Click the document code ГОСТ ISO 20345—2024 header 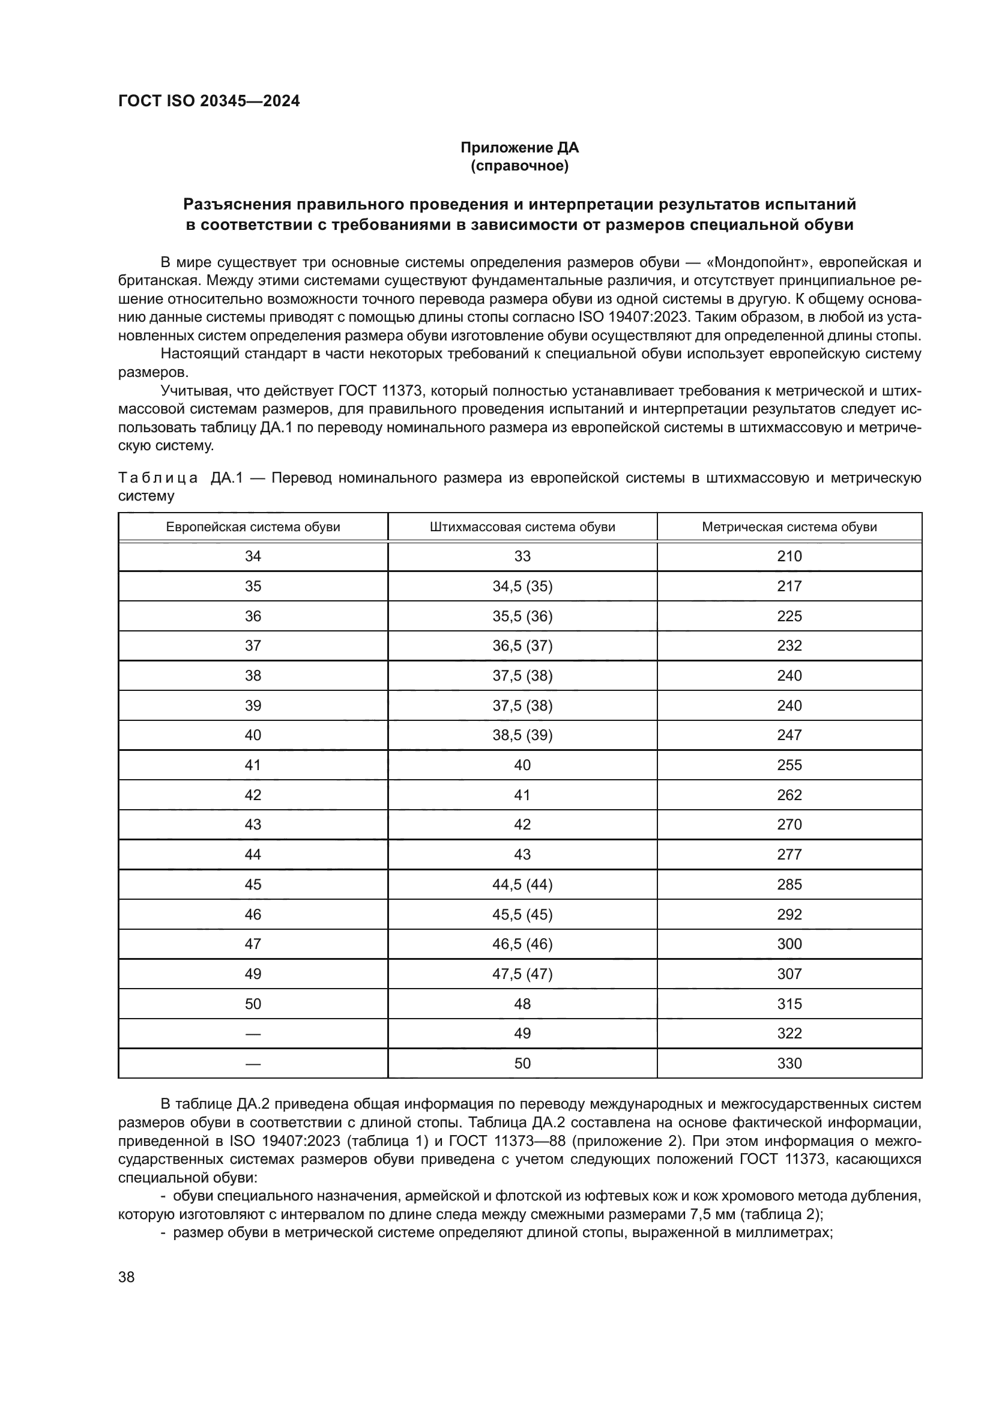click(x=208, y=101)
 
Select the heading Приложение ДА click(x=519, y=148)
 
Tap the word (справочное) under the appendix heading click(x=519, y=166)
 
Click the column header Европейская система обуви click(x=253, y=527)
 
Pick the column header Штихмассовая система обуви click(x=522, y=527)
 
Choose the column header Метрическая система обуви click(x=789, y=527)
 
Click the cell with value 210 click(x=789, y=556)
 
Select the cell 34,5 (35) click(x=522, y=586)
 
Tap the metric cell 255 click(x=789, y=765)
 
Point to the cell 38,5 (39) click(x=522, y=735)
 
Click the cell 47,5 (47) click(x=522, y=974)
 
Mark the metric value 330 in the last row click(x=789, y=1064)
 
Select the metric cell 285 click(x=789, y=884)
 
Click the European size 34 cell click(x=253, y=556)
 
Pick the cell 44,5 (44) click(x=522, y=884)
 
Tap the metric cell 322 click(x=789, y=1034)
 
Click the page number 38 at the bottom click(x=127, y=1277)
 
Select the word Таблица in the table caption click(x=158, y=478)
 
